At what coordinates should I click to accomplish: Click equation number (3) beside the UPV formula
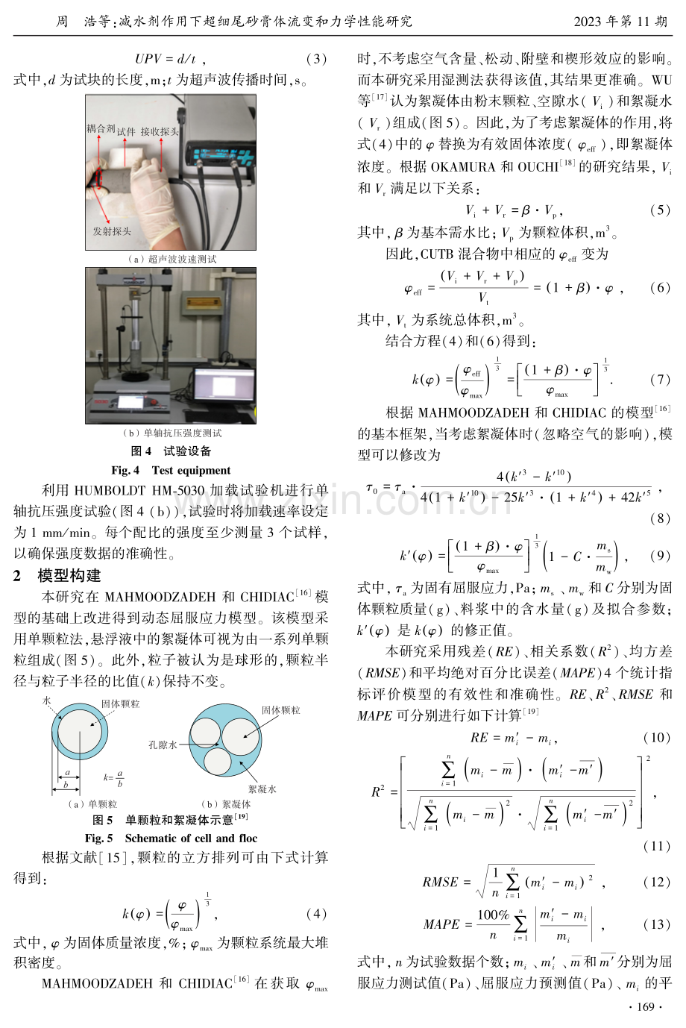[x=316, y=59]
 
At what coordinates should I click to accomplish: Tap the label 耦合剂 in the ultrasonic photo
[x=101, y=128]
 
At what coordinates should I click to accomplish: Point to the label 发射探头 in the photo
[x=112, y=231]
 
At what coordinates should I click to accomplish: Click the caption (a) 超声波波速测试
[x=172, y=260]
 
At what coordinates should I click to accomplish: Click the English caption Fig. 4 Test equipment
[x=171, y=471]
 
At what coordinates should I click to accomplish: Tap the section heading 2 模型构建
[x=57, y=575]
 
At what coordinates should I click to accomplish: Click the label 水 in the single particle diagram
[x=47, y=701]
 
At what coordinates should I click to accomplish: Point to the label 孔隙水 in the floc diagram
[x=163, y=745]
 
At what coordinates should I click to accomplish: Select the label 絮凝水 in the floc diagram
[x=262, y=789]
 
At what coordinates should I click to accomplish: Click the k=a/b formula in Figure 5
[x=113, y=777]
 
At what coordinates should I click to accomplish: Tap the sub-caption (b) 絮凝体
[x=226, y=804]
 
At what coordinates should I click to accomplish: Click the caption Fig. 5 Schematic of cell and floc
[x=171, y=839]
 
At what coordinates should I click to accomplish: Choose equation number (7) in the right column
[x=661, y=380]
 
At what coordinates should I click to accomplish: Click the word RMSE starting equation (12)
[x=440, y=882]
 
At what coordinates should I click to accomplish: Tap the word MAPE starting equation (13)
[x=441, y=924]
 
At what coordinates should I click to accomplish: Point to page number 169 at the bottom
[x=646, y=1007]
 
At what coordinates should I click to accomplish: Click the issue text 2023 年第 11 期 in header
[x=620, y=21]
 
